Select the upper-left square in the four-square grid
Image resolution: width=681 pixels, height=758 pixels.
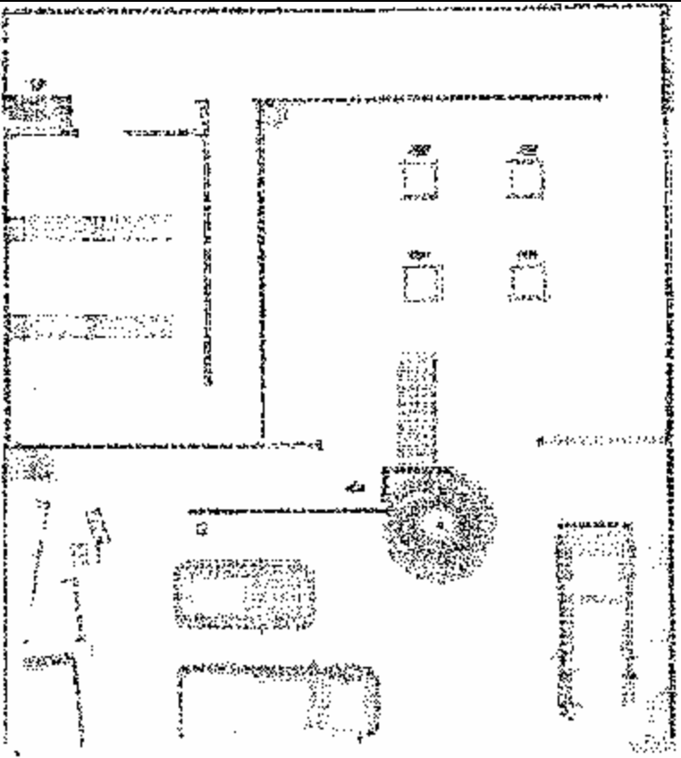[x=417, y=179]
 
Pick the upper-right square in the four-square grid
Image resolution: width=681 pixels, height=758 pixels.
[x=526, y=177]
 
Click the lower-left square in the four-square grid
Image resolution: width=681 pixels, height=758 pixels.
[x=418, y=284]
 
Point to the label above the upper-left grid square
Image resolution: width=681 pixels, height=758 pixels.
[x=417, y=148]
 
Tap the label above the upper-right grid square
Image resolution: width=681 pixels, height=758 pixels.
[x=527, y=147]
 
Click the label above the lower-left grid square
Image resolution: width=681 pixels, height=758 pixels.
[x=417, y=254]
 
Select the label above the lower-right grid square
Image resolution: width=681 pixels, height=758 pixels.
[x=527, y=253]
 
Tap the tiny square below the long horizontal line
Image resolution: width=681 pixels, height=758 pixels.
[x=201, y=530]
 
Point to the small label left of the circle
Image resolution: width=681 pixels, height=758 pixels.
[x=356, y=487]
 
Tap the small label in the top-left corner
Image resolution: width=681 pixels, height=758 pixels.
[x=36, y=84]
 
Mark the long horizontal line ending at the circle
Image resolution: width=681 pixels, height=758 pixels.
[x=286, y=510]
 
